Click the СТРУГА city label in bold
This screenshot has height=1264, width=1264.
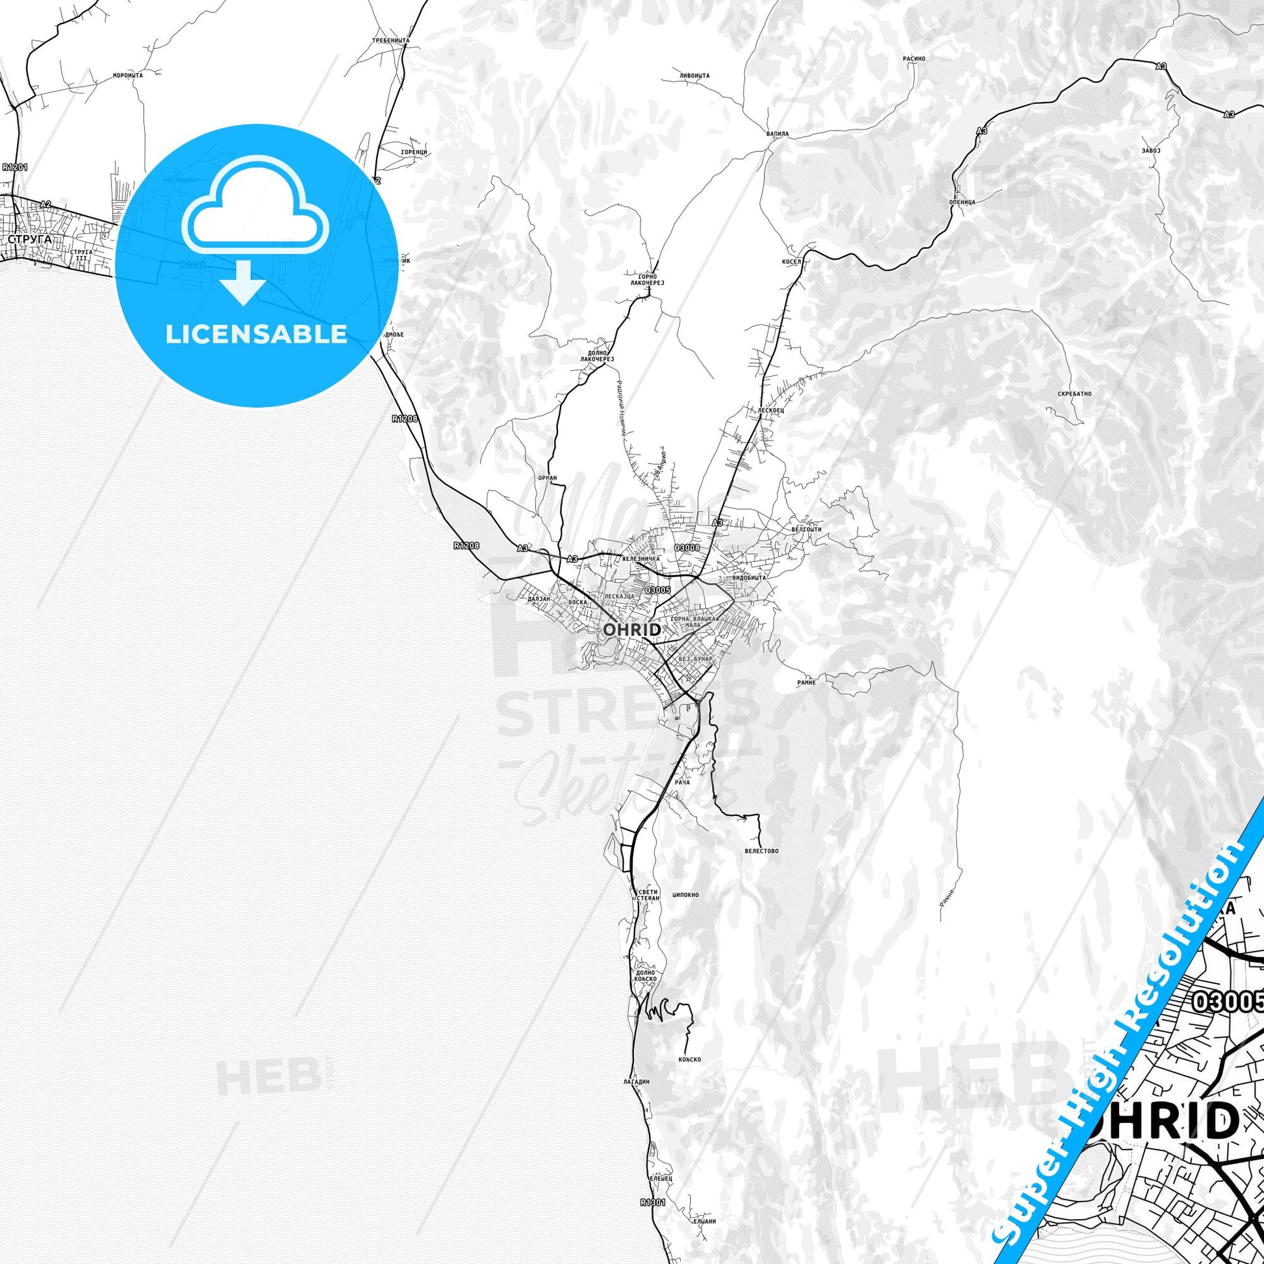[x=30, y=240]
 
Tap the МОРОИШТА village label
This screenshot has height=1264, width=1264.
[x=127, y=75]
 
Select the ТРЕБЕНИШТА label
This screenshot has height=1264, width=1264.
[x=390, y=40]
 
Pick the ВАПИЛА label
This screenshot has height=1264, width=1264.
[x=777, y=133]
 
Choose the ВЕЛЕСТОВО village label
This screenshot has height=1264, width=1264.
[x=761, y=851]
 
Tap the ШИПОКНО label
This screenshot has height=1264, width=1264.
[x=686, y=894]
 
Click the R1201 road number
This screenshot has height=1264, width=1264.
[x=14, y=167]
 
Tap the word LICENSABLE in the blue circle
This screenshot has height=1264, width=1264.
[x=257, y=335]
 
